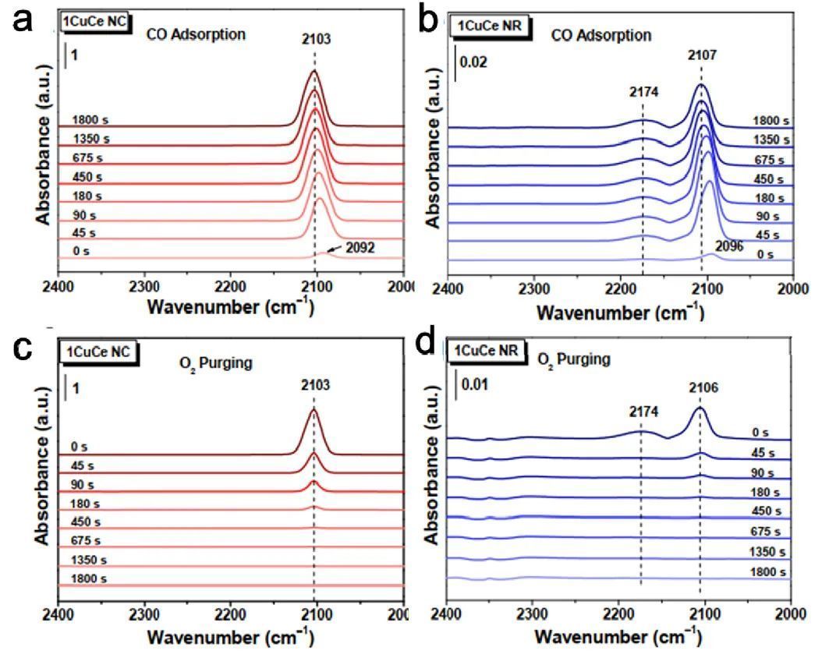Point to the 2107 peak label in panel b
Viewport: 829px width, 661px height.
[700, 55]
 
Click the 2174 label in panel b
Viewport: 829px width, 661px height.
[644, 91]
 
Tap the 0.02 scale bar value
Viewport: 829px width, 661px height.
[473, 62]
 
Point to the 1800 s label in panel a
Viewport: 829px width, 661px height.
[90, 120]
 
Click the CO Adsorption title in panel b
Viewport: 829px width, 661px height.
[600, 35]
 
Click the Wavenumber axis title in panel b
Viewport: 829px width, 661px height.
[620, 314]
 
